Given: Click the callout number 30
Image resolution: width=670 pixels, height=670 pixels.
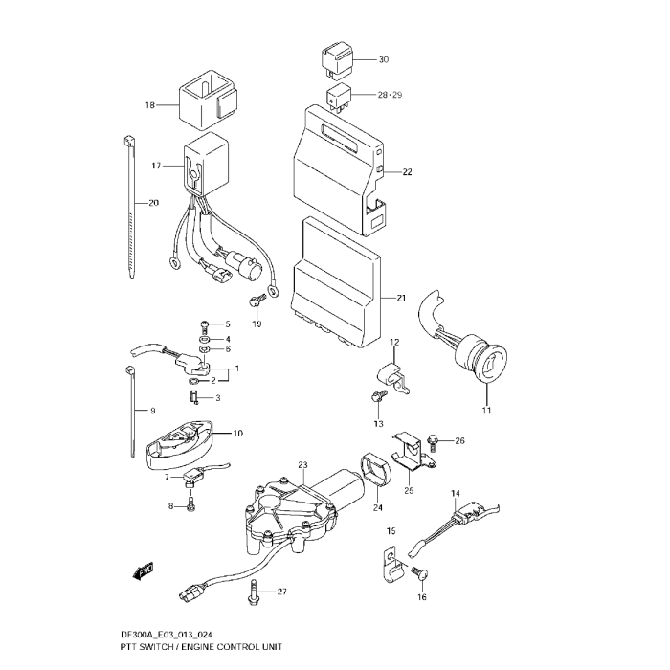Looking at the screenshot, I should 383,60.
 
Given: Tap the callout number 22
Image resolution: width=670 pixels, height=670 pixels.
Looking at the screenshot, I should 407,173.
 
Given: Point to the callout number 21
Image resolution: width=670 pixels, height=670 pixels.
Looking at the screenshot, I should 401,298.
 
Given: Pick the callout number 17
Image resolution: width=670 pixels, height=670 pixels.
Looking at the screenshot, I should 157,167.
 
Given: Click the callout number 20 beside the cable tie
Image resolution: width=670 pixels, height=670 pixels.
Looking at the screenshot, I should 154,203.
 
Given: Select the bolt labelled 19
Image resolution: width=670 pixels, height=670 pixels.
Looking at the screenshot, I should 254,302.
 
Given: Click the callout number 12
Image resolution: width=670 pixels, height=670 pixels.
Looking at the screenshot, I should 393,342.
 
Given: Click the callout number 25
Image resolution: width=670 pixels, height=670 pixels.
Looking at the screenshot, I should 408,491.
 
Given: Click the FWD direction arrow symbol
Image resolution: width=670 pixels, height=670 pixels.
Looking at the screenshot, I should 145,572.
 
